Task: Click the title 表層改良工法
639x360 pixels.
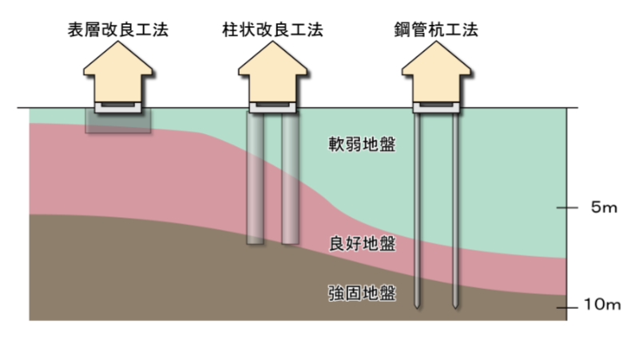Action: (x=118, y=31)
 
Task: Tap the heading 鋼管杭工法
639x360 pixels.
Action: (x=435, y=31)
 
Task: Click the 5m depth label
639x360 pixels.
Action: (x=605, y=208)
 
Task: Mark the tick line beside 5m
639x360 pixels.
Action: (x=567, y=208)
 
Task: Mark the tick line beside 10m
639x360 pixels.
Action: (x=567, y=307)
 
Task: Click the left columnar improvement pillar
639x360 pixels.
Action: (x=255, y=180)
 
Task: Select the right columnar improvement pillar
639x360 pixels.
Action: (x=290, y=180)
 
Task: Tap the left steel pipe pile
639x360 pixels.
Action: (x=416, y=208)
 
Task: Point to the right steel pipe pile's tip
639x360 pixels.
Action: (x=454, y=304)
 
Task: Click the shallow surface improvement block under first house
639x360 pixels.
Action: (x=117, y=121)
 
